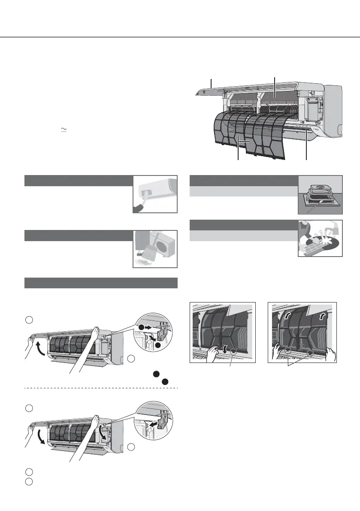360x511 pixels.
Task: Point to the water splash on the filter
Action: click(x=326, y=239)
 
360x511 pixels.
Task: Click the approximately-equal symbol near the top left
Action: click(x=64, y=130)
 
